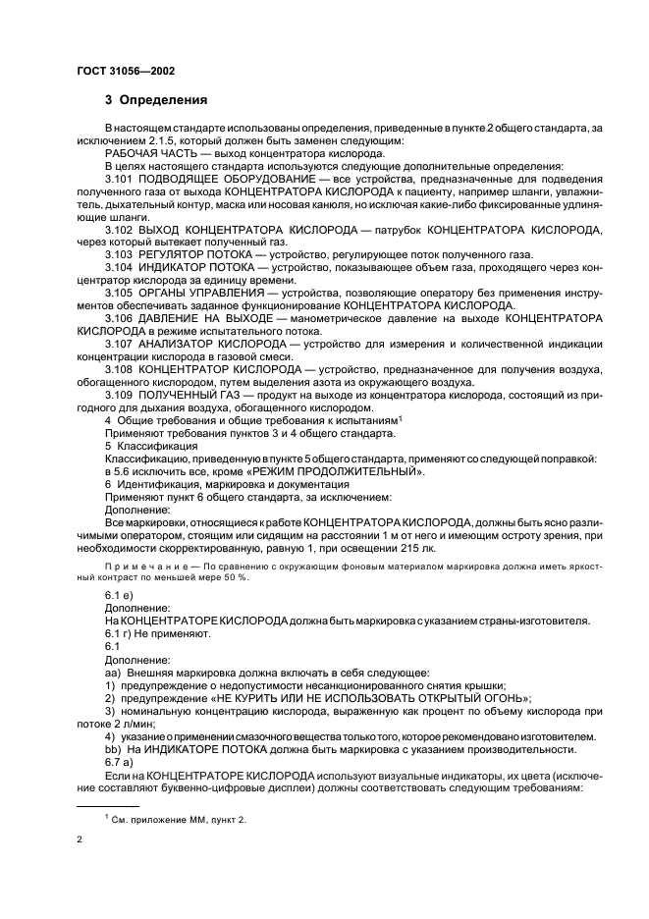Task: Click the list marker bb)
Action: (x=112, y=748)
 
